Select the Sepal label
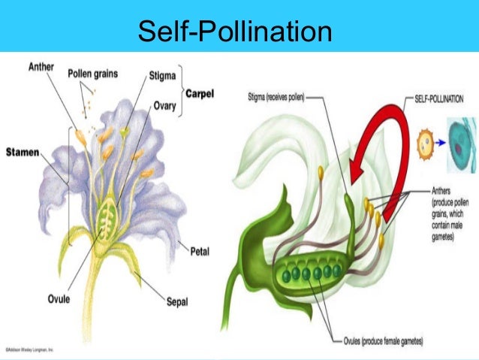click(x=178, y=302)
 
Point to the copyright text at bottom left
click(x=33, y=350)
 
